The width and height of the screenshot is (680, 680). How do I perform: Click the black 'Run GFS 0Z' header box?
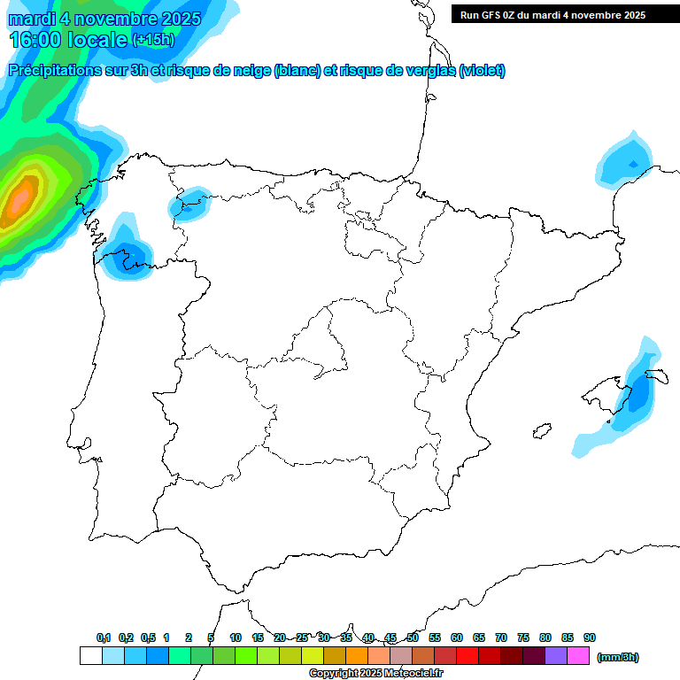565,14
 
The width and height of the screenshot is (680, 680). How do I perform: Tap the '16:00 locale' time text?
67,39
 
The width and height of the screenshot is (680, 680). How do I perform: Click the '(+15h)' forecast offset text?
153,40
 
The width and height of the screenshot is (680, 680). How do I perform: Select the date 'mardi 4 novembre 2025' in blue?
104,17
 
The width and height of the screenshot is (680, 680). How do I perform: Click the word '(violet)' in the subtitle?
482,71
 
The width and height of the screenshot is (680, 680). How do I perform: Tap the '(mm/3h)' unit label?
617,657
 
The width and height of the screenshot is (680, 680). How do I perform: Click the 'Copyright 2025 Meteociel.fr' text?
376,674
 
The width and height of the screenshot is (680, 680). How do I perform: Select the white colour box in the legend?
90,656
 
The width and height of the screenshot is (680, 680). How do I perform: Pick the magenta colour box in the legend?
578,656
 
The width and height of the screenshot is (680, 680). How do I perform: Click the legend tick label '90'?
590,638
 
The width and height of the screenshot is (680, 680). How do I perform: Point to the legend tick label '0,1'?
104,638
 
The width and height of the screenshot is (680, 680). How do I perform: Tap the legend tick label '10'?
236,638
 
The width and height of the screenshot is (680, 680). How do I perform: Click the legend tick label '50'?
413,638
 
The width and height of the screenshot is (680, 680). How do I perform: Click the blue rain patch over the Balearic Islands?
635,393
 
